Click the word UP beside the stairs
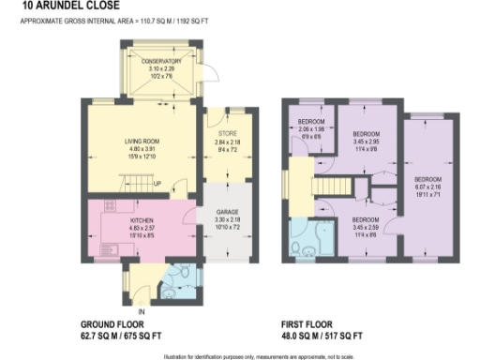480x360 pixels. (x=157, y=183)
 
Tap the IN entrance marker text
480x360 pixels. (x=142, y=310)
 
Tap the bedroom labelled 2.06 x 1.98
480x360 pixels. (x=311, y=122)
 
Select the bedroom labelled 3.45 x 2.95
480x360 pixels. (x=365, y=133)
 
